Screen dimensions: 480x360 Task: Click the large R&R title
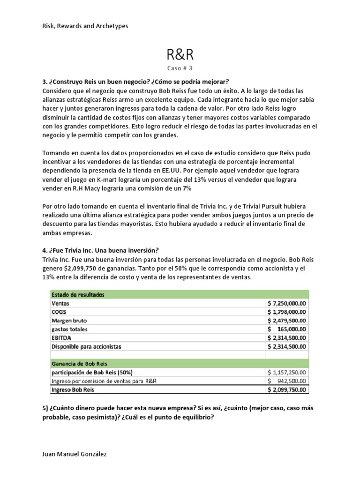(x=180, y=55)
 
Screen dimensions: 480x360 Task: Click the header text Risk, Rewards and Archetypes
(x=85, y=26)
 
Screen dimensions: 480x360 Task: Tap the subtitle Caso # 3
(x=180, y=68)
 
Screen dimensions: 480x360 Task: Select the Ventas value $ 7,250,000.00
(x=287, y=303)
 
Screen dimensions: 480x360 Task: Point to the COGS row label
(x=60, y=312)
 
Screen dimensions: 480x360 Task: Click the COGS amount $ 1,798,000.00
(x=287, y=312)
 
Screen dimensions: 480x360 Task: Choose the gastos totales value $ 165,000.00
(x=287, y=329)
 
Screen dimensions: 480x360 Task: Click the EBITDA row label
(x=61, y=337)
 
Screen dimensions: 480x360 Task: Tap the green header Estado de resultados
(x=78, y=295)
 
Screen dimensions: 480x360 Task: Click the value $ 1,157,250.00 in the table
(x=287, y=372)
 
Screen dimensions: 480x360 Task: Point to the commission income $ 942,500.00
(x=287, y=381)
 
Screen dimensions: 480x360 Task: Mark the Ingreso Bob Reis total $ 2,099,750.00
(x=287, y=389)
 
